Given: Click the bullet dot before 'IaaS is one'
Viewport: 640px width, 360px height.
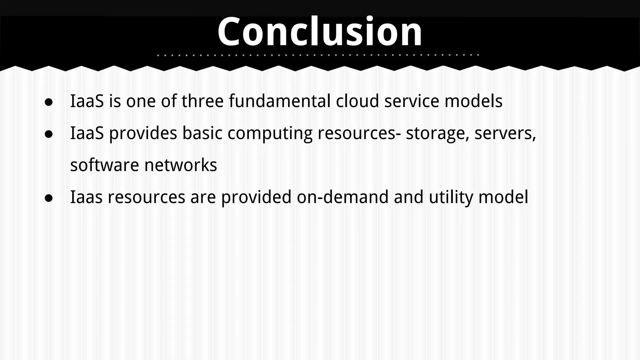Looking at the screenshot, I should click(x=49, y=102).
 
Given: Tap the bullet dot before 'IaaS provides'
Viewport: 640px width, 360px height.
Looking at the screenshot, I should click(x=49, y=134).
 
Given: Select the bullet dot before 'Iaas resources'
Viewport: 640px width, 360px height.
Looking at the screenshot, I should click(x=49, y=198).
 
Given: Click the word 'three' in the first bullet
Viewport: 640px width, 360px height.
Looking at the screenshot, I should click(x=202, y=101).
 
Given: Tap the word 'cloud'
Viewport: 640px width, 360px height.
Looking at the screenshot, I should click(x=357, y=101).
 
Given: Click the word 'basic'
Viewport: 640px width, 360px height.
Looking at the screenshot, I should click(x=202, y=133).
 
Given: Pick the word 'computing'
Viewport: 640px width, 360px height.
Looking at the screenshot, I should click(x=270, y=134).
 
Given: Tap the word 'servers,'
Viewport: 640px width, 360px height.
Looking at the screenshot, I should click(x=505, y=133).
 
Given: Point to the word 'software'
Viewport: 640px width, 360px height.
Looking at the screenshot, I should click(x=104, y=165).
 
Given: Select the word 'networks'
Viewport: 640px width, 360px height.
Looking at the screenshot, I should click(x=181, y=165).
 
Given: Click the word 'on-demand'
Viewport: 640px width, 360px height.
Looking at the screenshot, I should click(x=342, y=197).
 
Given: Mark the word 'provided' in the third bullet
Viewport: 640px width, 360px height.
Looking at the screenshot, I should click(x=256, y=197).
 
